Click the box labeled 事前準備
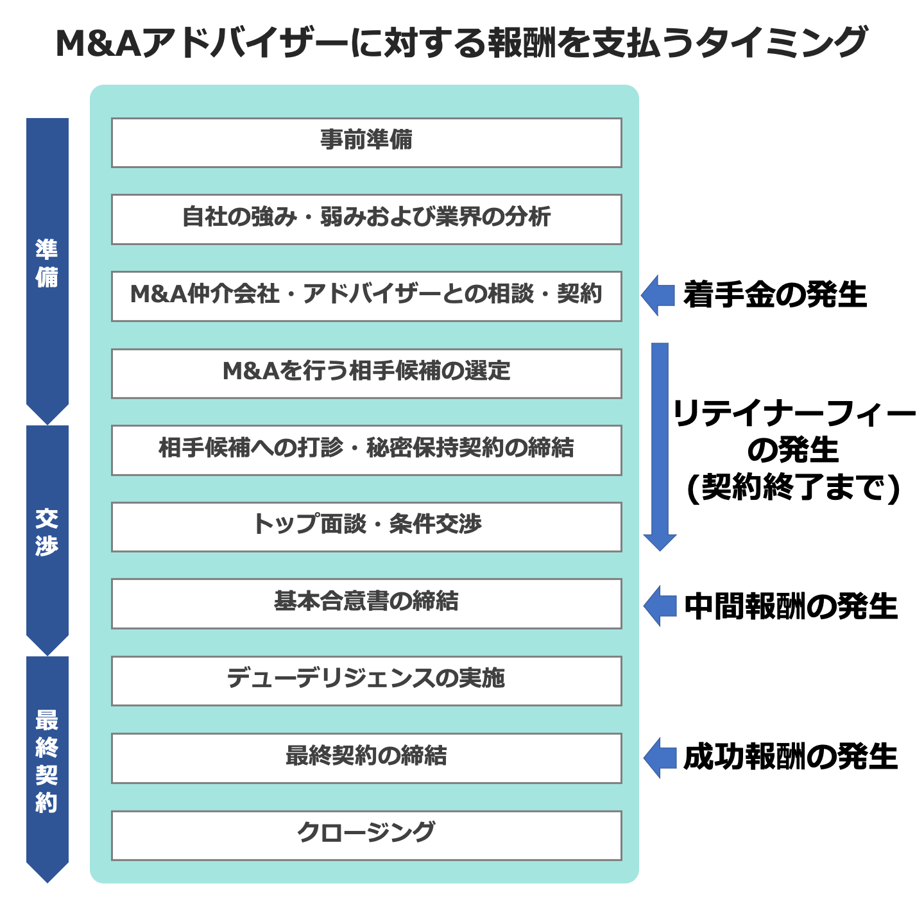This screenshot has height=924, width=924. pyautogui.click(x=366, y=142)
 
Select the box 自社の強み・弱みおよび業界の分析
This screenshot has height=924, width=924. pyautogui.click(x=366, y=219)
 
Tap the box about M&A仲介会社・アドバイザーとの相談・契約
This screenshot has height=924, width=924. pyautogui.click(x=366, y=296)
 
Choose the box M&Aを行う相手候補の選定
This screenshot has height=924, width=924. pyautogui.click(x=366, y=373)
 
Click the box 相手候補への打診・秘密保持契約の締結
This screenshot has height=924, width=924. pyautogui.click(x=366, y=450)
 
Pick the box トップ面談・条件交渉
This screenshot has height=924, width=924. pyautogui.click(x=366, y=527)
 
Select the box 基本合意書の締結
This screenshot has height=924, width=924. pyautogui.click(x=366, y=603)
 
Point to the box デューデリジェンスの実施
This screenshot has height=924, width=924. pyautogui.click(x=366, y=680)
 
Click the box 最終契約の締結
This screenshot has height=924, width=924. pyautogui.click(x=366, y=758)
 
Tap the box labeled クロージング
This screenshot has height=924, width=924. pyautogui.click(x=366, y=835)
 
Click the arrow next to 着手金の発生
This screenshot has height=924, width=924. pyautogui.click(x=658, y=295)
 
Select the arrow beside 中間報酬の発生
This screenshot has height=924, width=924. pyautogui.click(x=660, y=606)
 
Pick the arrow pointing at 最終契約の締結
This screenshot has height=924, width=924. pyautogui.click(x=660, y=757)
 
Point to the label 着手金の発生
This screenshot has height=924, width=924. pyautogui.click(x=775, y=295)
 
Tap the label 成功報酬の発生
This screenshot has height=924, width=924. pyautogui.click(x=790, y=757)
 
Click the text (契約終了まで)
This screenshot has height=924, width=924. pyautogui.click(x=794, y=488)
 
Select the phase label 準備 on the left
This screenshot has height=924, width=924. pyautogui.click(x=47, y=263)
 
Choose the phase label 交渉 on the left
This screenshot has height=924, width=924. pyautogui.click(x=47, y=532)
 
